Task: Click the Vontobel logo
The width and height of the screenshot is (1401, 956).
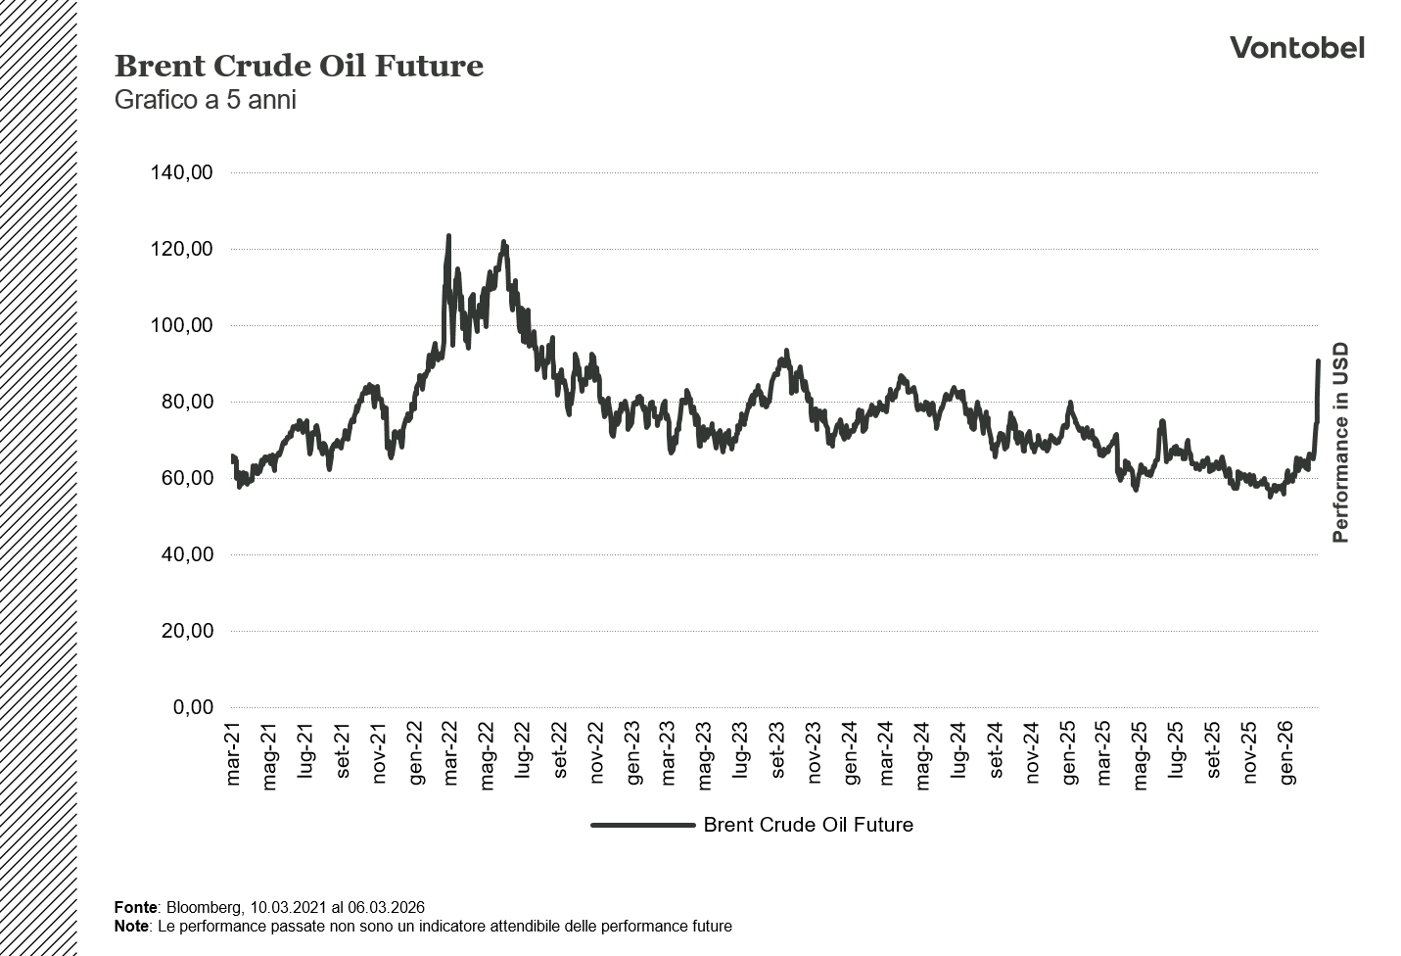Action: coord(1296,47)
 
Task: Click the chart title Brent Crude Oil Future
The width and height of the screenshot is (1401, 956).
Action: coord(299,66)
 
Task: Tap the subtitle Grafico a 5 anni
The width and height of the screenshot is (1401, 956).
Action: coord(205,100)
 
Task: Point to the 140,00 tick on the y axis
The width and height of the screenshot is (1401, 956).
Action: coord(181,172)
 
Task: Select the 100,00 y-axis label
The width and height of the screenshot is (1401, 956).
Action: coord(181,325)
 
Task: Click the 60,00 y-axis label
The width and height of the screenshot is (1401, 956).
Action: coord(185,478)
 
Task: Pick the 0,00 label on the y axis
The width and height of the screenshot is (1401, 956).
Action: coord(193,707)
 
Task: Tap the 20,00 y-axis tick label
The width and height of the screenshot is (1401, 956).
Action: coord(185,631)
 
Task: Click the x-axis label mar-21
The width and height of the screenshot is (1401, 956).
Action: coord(233,754)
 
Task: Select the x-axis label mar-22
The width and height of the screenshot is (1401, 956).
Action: coord(450,754)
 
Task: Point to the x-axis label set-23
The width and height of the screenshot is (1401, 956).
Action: coord(777,754)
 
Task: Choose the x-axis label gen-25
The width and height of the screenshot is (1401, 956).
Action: coord(1068,754)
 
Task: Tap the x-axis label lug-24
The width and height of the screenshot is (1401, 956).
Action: coord(959,754)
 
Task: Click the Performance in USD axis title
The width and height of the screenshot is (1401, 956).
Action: coord(1340,442)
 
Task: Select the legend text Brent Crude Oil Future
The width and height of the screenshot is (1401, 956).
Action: coord(808,825)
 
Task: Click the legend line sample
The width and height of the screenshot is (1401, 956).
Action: coord(642,825)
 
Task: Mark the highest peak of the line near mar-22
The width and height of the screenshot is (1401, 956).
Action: coord(448,236)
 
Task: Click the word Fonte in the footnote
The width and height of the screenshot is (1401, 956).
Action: coord(135,908)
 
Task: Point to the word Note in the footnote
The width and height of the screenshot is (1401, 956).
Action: coord(131,926)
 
